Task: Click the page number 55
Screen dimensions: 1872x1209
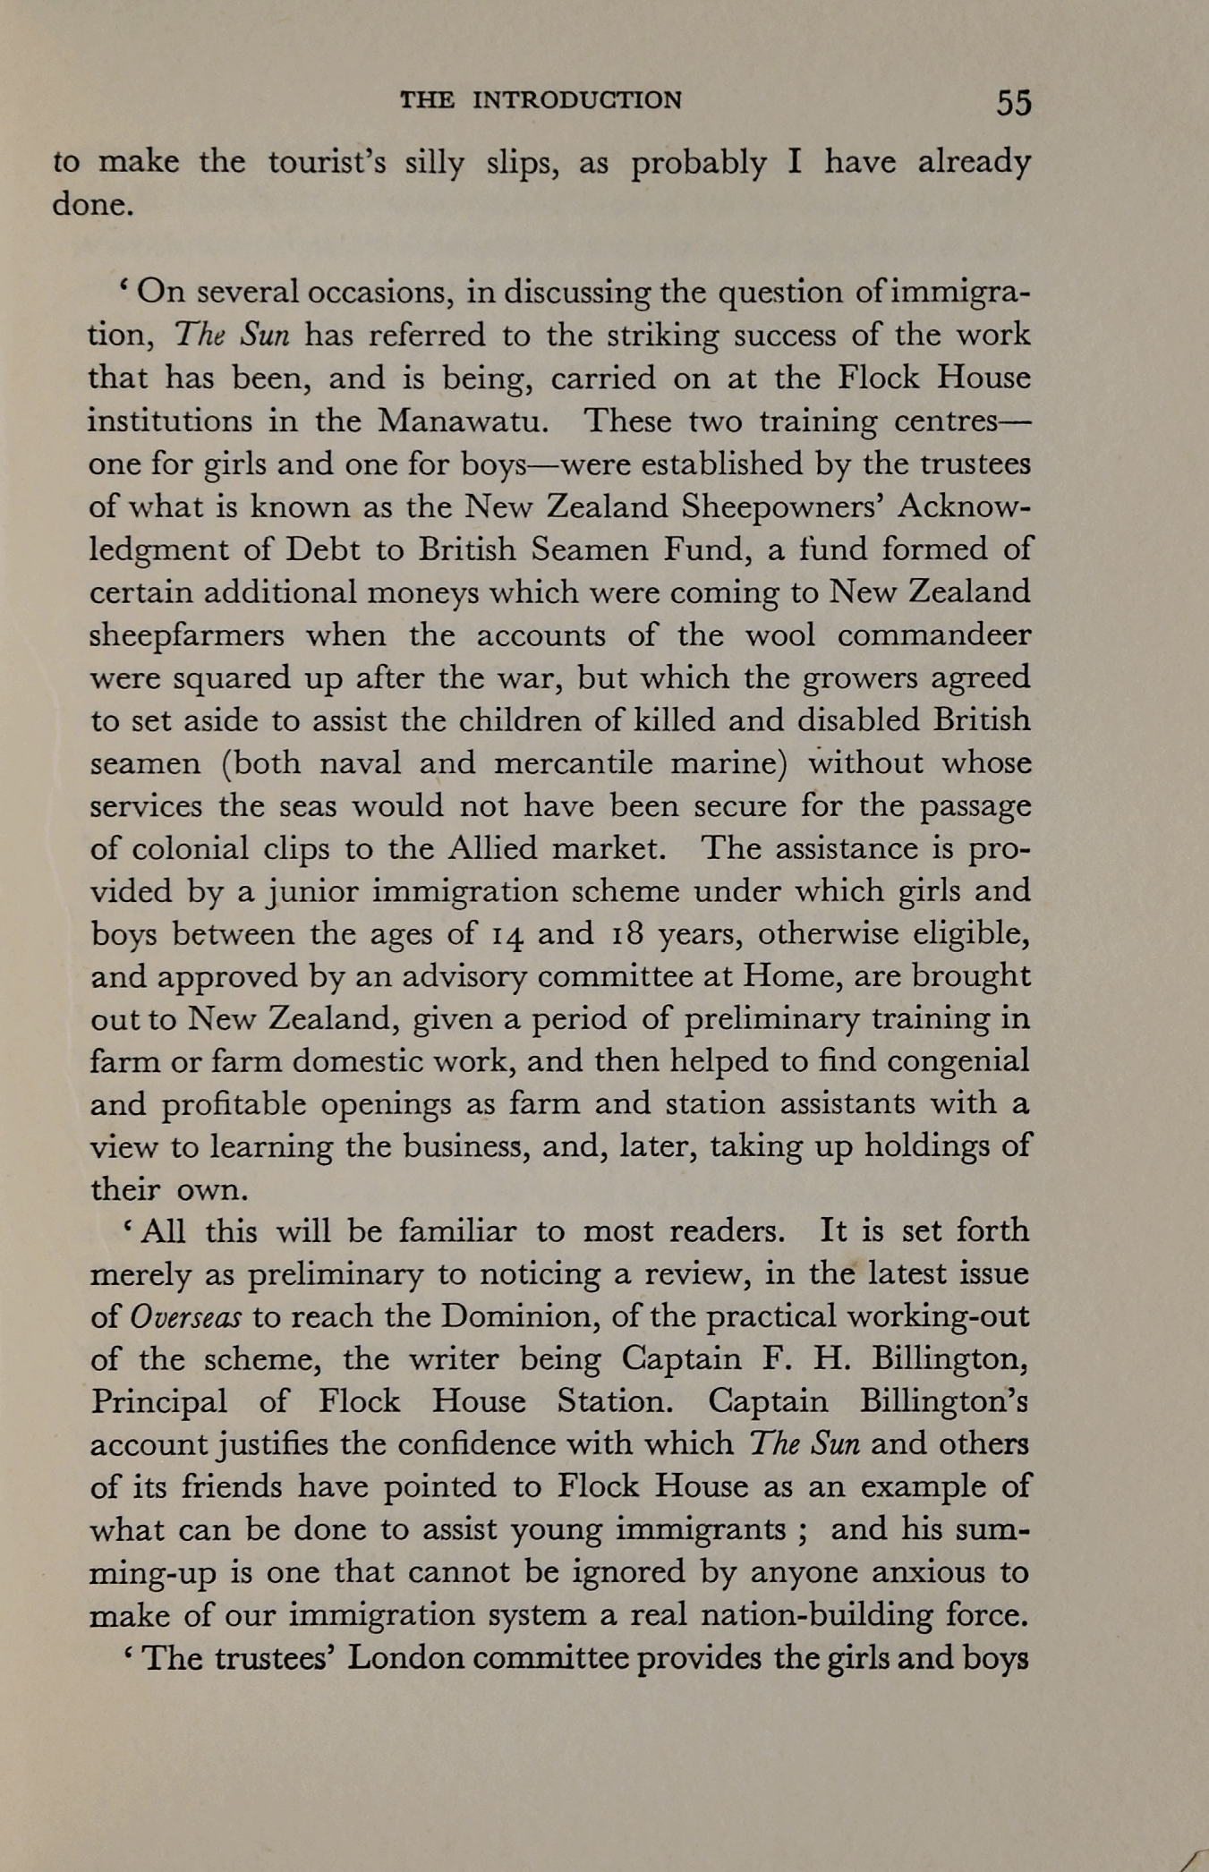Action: [x=1014, y=102]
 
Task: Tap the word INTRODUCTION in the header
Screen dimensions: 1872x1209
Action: [x=577, y=100]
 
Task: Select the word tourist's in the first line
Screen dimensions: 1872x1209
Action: [x=328, y=163]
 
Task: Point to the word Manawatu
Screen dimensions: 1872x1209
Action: [x=463, y=421]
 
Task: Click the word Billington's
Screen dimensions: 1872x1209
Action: [x=944, y=1401]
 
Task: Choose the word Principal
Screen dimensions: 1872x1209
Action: [x=158, y=1402]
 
